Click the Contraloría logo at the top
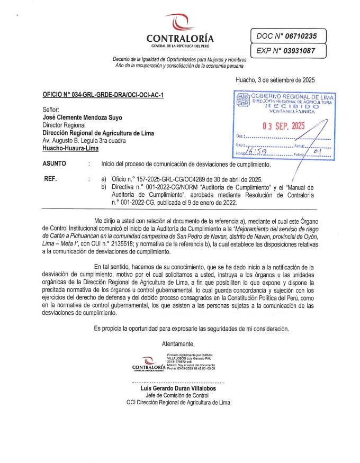[x=179, y=31]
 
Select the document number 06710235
[x=300, y=36]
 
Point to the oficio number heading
[x=103, y=95]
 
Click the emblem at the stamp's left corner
[x=242, y=100]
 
